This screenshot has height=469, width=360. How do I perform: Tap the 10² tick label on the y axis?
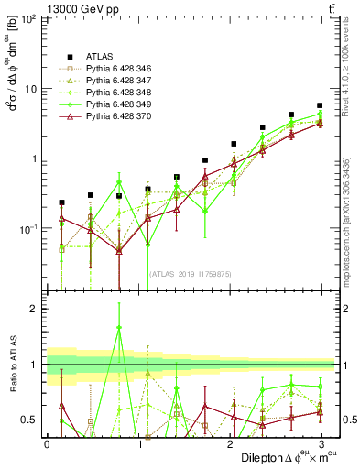(x=27, y=19)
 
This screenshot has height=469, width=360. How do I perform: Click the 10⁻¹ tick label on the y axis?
(x=27, y=228)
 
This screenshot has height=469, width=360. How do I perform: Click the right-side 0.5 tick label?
(x=347, y=420)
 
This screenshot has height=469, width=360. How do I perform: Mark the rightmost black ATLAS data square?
(x=320, y=105)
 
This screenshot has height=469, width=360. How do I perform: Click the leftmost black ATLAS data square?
(x=61, y=202)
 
